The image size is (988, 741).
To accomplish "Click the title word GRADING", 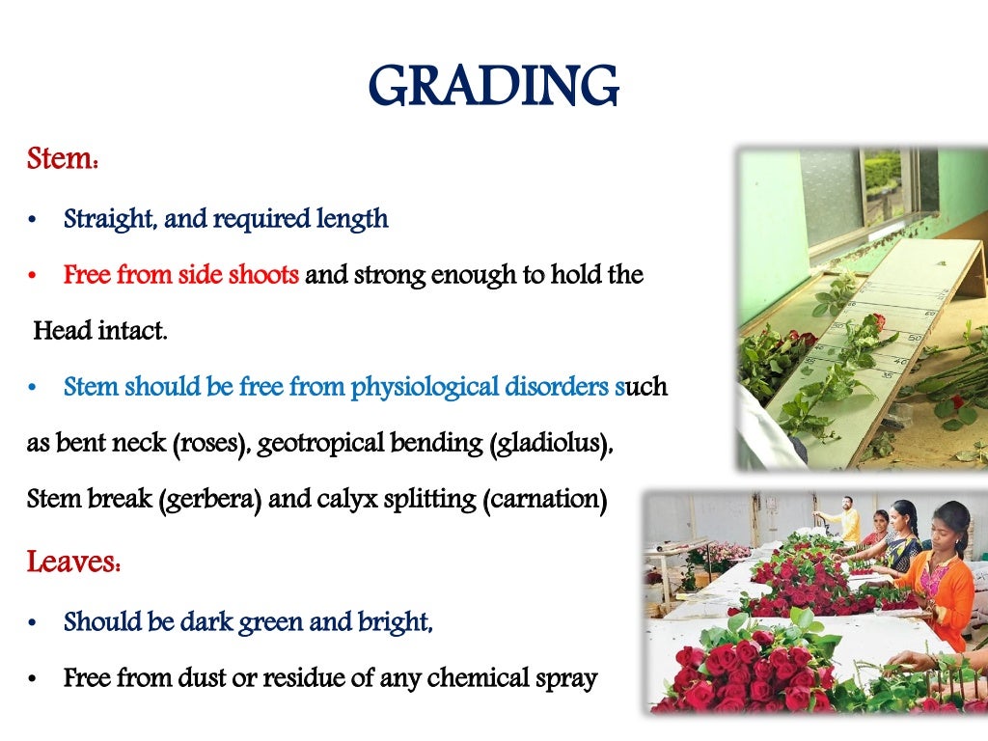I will pyautogui.click(x=493, y=87).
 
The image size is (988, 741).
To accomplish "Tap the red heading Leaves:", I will pyautogui.click(x=73, y=561).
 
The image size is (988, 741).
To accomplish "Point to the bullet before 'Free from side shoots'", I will pyautogui.click(x=32, y=277).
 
